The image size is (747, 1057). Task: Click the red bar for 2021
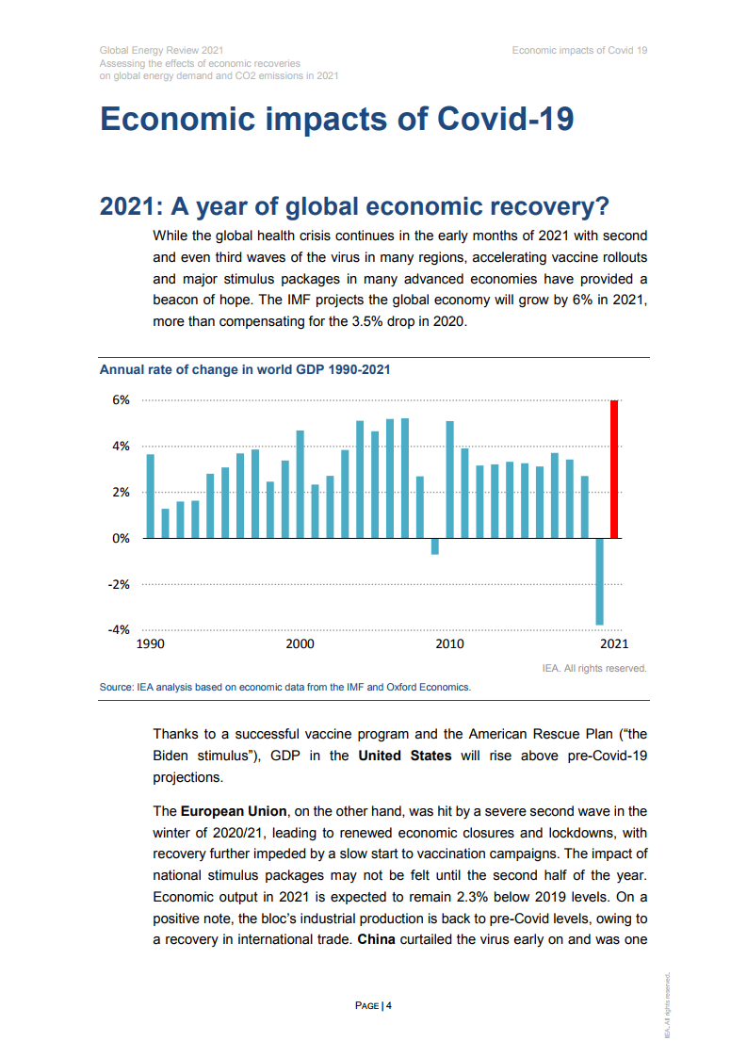[614, 469]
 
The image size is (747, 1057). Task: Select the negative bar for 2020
[599, 581]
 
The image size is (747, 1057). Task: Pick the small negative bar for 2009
[434, 546]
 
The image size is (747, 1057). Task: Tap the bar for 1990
[151, 496]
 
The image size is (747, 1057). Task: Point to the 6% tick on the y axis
[122, 399]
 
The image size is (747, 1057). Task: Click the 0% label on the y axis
[122, 538]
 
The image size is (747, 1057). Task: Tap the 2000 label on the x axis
[300, 644]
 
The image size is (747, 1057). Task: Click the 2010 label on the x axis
[449, 644]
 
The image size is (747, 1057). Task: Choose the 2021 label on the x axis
[613, 644]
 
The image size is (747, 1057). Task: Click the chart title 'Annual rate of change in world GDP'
[245, 370]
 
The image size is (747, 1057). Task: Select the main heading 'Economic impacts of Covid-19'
[336, 120]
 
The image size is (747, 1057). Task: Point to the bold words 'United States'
[405, 756]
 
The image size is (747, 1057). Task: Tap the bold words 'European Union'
[234, 810]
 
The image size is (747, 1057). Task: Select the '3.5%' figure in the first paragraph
[370, 321]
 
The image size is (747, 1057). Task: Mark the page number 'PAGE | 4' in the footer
[373, 1006]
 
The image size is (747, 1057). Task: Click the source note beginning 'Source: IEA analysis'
[284, 687]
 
